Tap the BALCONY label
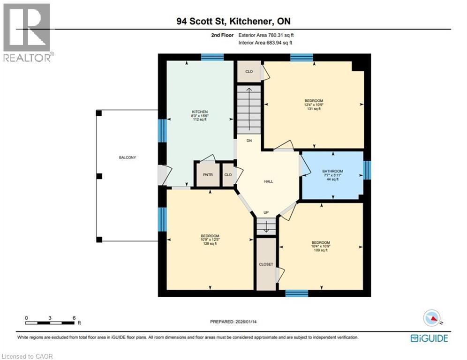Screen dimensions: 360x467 [127, 157]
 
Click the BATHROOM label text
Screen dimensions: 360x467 [332, 171]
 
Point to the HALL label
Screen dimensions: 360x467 [268, 181]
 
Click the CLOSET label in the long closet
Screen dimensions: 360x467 [266, 264]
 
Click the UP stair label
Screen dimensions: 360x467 [266, 213]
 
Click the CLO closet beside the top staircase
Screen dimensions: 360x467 [249, 72]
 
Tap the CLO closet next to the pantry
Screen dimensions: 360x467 [228, 174]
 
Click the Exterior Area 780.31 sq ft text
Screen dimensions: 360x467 [266, 35]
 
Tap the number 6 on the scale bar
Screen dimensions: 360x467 [74, 317]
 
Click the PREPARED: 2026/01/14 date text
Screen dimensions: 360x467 [236, 322]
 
